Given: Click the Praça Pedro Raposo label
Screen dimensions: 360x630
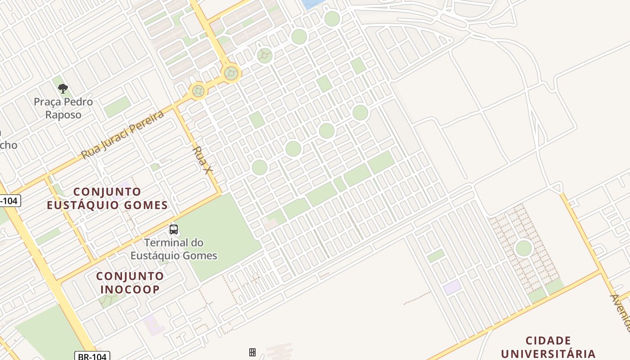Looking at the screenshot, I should [x=63, y=108].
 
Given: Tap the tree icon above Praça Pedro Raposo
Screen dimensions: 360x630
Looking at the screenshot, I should [x=63, y=88].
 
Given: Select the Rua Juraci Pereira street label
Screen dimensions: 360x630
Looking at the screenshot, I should [x=122, y=135].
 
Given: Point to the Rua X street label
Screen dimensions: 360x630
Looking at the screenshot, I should [x=202, y=160].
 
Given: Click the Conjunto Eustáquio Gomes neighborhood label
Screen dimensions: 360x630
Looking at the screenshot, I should [x=107, y=198].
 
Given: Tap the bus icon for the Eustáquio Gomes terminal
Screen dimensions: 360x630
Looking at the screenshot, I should [x=174, y=229].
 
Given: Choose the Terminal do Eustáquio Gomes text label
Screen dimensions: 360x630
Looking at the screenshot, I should [x=174, y=249].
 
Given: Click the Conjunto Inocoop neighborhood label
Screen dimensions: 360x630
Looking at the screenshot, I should [x=130, y=283].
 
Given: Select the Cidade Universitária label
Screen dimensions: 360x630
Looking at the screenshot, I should [x=548, y=347].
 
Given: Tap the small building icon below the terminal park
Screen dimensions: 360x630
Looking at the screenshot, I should [x=252, y=352].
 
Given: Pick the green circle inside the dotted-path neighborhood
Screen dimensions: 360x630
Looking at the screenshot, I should [x=523, y=248].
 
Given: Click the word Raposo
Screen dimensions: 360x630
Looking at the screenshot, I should [x=63, y=115].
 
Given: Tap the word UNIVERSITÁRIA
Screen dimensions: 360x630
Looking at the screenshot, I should [x=548, y=354].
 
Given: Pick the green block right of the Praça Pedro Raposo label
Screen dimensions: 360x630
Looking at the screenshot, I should [x=117, y=107].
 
